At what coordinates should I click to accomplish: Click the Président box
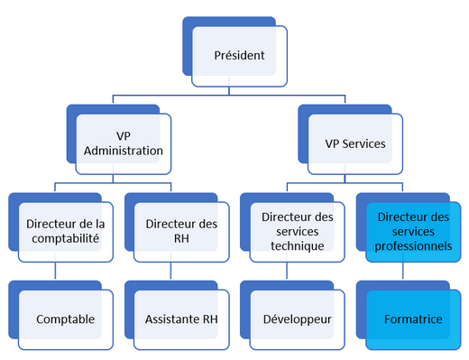coord(239,56)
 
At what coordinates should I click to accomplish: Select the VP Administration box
coord(123,143)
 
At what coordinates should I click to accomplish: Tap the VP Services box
coord(354,143)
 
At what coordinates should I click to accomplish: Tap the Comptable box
coord(66,318)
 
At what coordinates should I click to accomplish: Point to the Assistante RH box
coord(180,318)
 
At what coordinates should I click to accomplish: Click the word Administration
coord(123,151)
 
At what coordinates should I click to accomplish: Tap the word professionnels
coord(414,245)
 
